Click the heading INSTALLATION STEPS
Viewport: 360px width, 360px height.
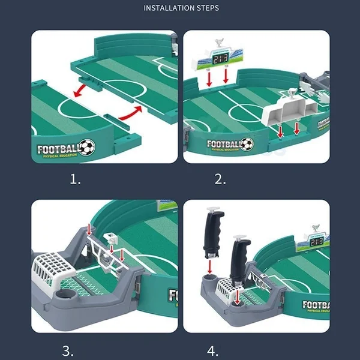pyautogui.click(x=181, y=8)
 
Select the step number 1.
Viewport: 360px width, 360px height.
pyautogui.click(x=75, y=178)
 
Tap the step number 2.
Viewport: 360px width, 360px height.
pyautogui.click(x=221, y=178)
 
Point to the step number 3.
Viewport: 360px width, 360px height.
pyautogui.click(x=68, y=350)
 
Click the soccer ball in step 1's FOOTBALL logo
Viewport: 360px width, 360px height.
pyautogui.click(x=88, y=146)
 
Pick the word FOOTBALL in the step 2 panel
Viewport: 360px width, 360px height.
pyautogui.click(x=223, y=144)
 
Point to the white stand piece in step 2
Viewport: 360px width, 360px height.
pyautogui.click(x=289, y=112)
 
